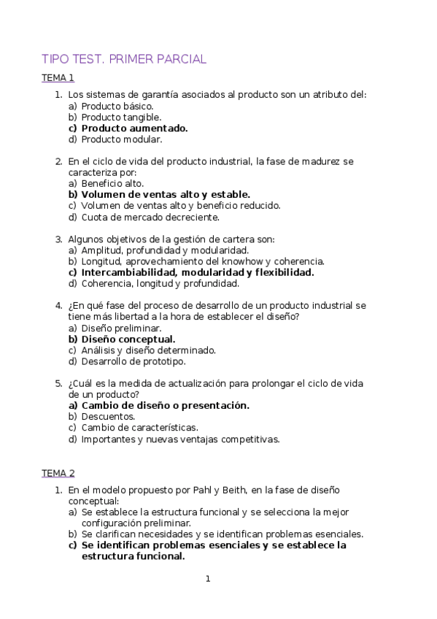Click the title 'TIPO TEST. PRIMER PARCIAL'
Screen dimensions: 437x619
[124, 59]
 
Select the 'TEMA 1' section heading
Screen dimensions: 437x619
[58, 77]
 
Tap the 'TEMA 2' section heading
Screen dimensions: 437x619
[58, 473]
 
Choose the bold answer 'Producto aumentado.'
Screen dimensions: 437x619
[134, 128]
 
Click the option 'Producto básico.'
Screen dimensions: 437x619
[117, 106]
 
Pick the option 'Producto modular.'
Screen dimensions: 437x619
[121, 139]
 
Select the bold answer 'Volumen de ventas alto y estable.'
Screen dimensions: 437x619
[166, 194]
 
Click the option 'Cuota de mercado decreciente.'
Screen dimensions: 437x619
[150, 216]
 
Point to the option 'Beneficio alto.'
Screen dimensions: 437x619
[112, 183]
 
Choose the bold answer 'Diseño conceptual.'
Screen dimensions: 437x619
[128, 339]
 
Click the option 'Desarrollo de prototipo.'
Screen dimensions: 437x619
[134, 361]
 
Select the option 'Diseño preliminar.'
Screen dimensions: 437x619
[121, 328]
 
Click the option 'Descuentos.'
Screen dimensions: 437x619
[108, 416]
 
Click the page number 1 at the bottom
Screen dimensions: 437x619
[208, 579]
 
